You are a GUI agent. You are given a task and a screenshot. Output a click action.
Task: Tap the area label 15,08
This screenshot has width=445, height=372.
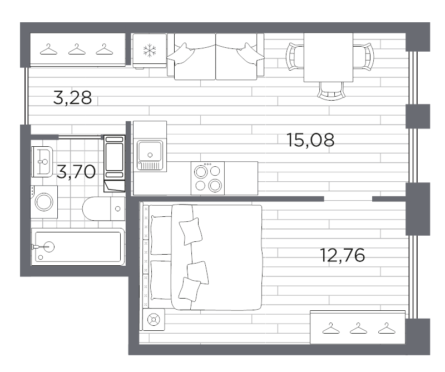[310, 140]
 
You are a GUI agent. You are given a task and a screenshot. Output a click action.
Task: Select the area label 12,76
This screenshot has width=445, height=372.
[342, 256]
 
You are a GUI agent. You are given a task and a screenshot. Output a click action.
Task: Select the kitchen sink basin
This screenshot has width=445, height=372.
[150, 151]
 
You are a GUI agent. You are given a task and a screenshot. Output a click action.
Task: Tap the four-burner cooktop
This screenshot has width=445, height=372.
[207, 178]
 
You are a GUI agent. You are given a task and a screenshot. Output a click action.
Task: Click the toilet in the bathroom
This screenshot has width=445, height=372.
[103, 209]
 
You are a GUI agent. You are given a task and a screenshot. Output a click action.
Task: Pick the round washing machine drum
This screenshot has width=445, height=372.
[44, 201]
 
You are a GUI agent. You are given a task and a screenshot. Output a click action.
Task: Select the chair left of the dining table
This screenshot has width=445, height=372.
[294, 56]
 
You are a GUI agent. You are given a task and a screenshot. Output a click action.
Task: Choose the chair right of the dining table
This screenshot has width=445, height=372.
[363, 56]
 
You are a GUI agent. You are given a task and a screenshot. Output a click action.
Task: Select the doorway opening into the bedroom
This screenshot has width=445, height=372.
[348, 199]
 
